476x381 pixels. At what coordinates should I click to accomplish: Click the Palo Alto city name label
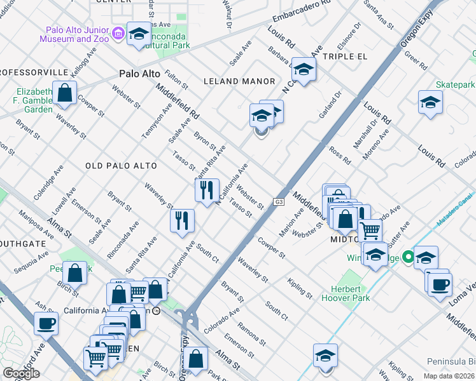click(140, 74)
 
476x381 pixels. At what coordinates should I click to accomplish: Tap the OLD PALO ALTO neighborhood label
click(121, 166)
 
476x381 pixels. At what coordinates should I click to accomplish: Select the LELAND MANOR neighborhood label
click(239, 81)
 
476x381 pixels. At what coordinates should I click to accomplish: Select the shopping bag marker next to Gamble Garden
click(65, 93)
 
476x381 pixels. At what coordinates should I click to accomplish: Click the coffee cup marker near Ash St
click(46, 323)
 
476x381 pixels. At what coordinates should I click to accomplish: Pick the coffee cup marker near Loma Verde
click(440, 284)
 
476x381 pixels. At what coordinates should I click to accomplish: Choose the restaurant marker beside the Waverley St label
click(183, 220)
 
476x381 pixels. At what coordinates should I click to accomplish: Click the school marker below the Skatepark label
click(430, 102)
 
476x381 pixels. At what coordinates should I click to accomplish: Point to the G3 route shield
click(279, 202)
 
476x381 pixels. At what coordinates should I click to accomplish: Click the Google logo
click(21, 373)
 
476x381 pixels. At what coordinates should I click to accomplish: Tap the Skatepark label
click(455, 84)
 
